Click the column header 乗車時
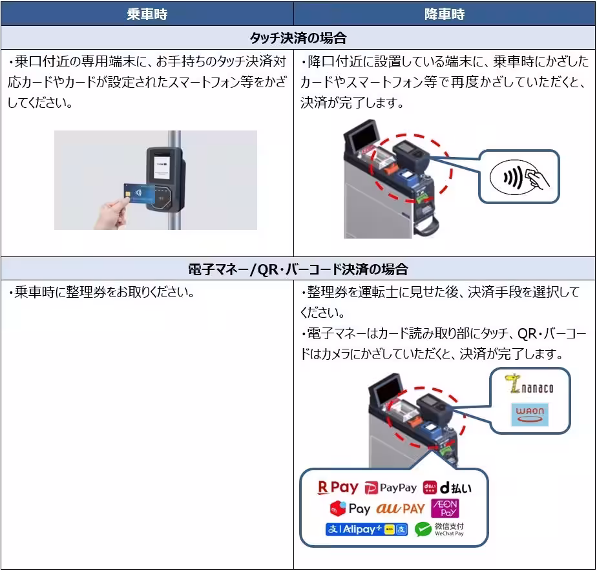[x=147, y=14]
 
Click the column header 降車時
[x=445, y=14]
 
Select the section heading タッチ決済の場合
[x=298, y=38]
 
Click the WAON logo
[x=529, y=414]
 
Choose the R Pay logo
[x=337, y=488]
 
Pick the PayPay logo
[x=390, y=488]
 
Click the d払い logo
[x=445, y=488]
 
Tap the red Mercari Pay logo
[x=350, y=508]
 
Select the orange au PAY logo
[x=401, y=508]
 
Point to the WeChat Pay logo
[x=440, y=530]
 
